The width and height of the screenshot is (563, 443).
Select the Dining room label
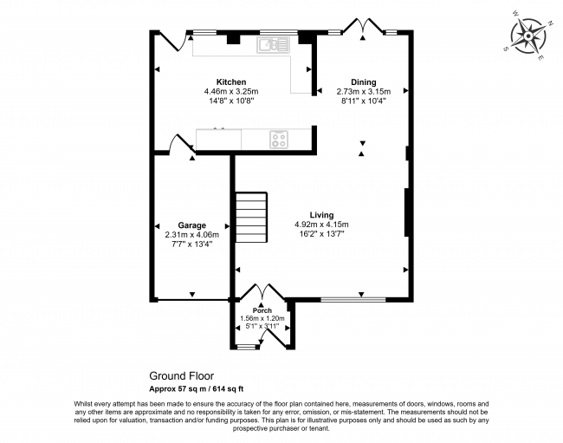pos(363,82)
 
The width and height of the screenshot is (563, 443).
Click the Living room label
pos(321,215)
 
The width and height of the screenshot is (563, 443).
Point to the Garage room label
pos(191,224)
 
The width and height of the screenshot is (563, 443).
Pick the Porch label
pos(262,310)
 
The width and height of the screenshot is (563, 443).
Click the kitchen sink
pos(277,42)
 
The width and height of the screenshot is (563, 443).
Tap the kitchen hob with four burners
pos(279,137)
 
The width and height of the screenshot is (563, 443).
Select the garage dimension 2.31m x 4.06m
pos(191,234)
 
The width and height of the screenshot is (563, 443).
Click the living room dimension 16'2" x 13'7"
pos(321,235)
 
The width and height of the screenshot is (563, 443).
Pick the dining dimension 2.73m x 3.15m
pos(363,92)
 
